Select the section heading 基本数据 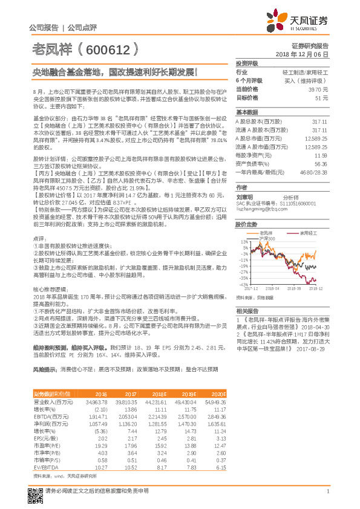pos(246,112)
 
